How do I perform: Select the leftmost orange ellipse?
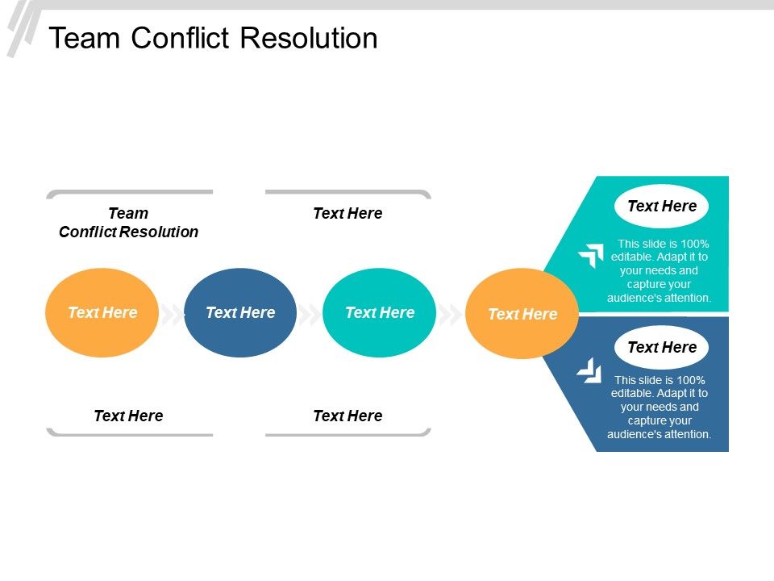coord(102,312)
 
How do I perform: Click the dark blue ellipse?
coord(240,312)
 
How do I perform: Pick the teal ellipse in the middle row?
coord(379,312)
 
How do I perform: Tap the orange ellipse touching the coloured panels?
coord(522,314)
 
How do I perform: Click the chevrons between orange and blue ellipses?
coord(172,314)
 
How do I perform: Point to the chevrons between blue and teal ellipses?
coord(310,314)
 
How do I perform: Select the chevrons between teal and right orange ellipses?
coord(451,314)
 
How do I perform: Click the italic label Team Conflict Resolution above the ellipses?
coord(128,223)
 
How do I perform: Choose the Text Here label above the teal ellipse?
coord(347,214)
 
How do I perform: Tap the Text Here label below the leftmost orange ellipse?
coord(128,416)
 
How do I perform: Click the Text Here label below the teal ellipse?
coord(347,416)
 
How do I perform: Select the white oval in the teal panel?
coord(661,207)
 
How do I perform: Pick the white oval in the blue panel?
coord(661,348)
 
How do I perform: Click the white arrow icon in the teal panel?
coord(591,256)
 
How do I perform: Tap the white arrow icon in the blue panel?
coord(589,370)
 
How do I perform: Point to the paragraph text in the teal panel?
coord(660,270)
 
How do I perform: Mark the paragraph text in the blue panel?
coord(660,407)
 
